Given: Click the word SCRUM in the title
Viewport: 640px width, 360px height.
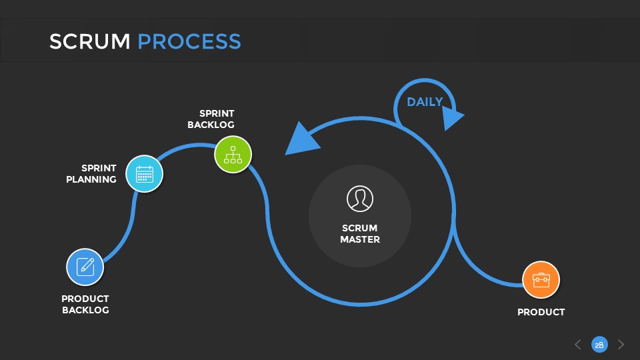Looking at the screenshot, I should pos(89,41).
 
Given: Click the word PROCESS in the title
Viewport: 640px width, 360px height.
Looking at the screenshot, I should pos(189,41).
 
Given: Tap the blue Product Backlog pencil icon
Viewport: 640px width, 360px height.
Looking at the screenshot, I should pos(85,267).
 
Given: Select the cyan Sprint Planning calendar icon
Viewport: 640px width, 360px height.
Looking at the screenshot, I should pos(144,174).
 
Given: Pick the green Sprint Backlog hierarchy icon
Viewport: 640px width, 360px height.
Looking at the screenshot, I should pos(233,154).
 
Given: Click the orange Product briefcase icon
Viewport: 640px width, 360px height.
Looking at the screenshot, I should pos(541,280).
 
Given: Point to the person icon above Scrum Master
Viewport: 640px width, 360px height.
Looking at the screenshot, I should pos(360,199).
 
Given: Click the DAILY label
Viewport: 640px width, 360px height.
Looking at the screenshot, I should pos(425,102).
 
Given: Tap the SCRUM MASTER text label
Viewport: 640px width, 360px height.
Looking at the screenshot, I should pos(360,233).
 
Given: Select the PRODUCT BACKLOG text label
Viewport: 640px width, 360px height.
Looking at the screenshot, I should pos(85,304).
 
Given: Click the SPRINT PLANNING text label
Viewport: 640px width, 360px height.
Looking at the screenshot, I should pos(91,173).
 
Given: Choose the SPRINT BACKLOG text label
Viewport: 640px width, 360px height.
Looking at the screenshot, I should pos(211,119).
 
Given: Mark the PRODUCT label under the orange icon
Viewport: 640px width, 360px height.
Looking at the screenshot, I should pos(541,312).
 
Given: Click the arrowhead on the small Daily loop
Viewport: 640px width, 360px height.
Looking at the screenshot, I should pos(453,119).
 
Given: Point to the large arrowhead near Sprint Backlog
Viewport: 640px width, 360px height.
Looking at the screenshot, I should pos(299,139).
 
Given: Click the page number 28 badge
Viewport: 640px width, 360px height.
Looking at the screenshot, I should pos(599,344).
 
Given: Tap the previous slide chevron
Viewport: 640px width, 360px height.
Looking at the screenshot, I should pos(577,344).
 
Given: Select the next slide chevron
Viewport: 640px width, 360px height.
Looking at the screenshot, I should pos(621,344).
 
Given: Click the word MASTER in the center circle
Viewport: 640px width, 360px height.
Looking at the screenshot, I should pos(360,239).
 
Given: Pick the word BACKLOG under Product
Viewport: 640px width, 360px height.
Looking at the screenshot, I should pos(85,310).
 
